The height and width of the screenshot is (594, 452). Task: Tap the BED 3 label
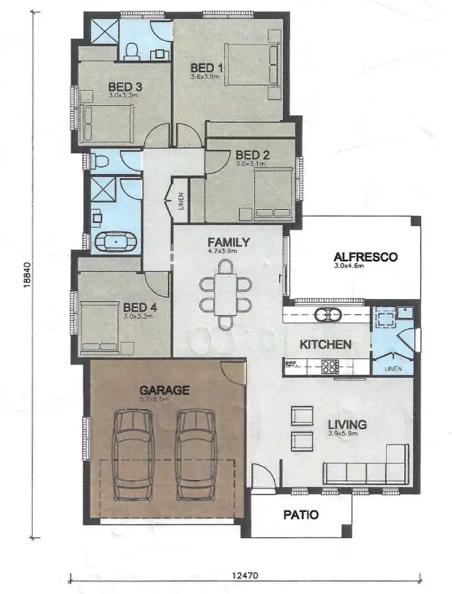[125, 87]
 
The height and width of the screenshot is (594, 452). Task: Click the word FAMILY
[228, 242]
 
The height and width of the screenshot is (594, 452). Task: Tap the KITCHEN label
[325, 344]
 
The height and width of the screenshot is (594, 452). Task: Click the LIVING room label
[346, 424]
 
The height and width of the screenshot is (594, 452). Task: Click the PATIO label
[301, 515]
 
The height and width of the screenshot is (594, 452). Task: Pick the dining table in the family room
[226, 294]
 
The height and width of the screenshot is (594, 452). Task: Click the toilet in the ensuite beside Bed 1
[132, 51]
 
